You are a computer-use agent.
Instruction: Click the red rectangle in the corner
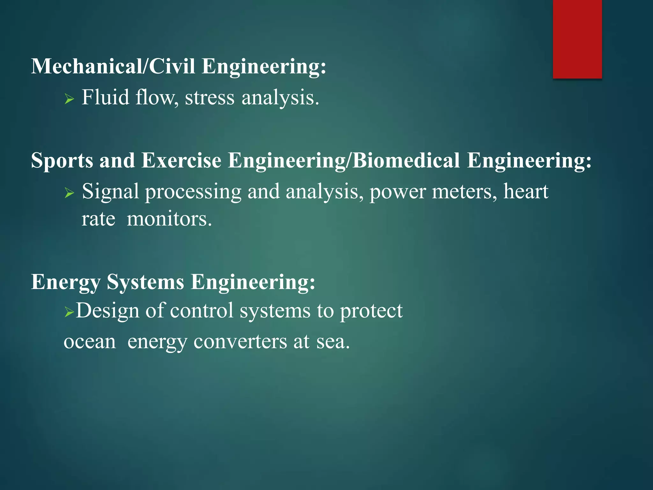click(577, 39)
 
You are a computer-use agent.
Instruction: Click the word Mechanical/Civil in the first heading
click(113, 66)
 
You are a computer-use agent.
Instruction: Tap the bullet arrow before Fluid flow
click(69, 99)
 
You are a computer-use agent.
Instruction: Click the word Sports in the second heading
click(62, 160)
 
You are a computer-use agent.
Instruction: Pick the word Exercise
click(181, 160)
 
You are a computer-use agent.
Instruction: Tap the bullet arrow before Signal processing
click(69, 193)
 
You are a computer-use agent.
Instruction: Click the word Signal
click(110, 191)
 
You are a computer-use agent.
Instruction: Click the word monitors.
click(169, 219)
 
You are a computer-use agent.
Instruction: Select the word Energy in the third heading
click(66, 282)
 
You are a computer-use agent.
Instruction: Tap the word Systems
click(145, 282)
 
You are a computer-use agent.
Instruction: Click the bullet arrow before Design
click(69, 311)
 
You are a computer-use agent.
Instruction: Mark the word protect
click(371, 311)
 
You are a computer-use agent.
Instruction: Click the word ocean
click(90, 342)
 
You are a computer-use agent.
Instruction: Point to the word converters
click(240, 342)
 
